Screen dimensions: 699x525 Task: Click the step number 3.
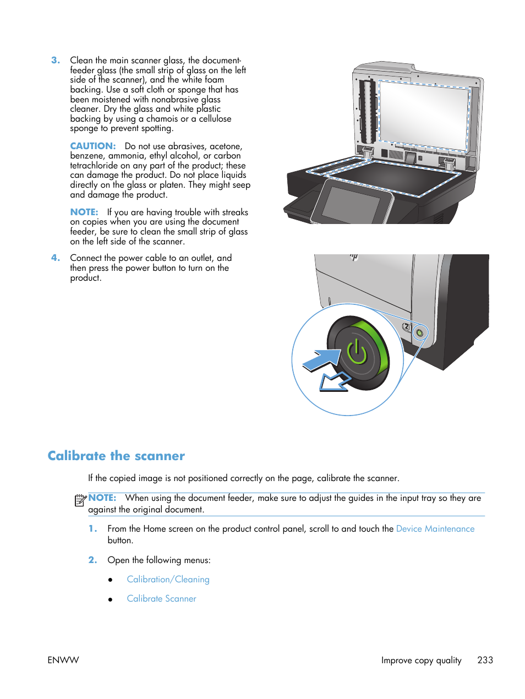pyautogui.click(x=55, y=61)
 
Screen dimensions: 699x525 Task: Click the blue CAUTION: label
pyautogui.click(x=92, y=146)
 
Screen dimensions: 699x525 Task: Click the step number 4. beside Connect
pyautogui.click(x=55, y=258)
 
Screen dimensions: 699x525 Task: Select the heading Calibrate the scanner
pyautogui.click(x=116, y=456)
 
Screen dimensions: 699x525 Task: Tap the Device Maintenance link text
pyautogui.click(x=435, y=529)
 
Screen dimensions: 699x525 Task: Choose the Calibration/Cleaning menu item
pyautogui.click(x=168, y=580)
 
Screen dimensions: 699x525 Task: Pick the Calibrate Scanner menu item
pyautogui.click(x=161, y=599)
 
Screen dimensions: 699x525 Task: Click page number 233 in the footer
pyautogui.click(x=485, y=660)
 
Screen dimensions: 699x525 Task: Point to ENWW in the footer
pyautogui.click(x=63, y=660)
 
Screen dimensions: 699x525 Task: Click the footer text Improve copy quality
pyautogui.click(x=421, y=660)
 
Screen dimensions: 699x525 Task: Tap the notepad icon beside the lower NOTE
pyautogui.click(x=80, y=500)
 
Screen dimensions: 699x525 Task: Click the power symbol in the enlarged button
pyautogui.click(x=357, y=353)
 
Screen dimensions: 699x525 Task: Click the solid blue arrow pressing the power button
pyautogui.click(x=322, y=359)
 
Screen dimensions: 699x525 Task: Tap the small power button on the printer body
pyautogui.click(x=420, y=332)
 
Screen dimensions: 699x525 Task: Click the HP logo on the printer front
pyautogui.click(x=354, y=257)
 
